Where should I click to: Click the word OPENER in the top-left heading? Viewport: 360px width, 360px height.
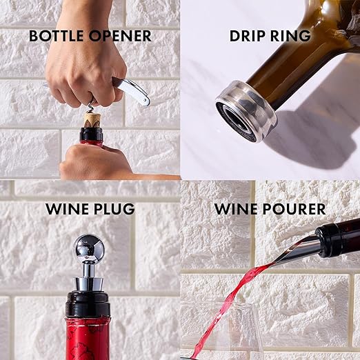[x=119, y=36]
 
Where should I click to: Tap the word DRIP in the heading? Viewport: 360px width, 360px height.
[x=248, y=36]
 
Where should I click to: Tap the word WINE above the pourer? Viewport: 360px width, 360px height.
[x=236, y=208]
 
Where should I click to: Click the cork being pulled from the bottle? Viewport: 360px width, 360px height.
[x=92, y=120]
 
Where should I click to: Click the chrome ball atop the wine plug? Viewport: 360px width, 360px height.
[x=89, y=249]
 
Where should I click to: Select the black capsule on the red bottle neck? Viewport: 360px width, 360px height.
[x=88, y=303]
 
